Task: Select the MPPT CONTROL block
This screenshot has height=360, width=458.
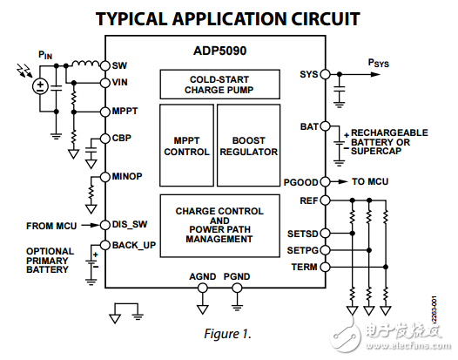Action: pos(186,145)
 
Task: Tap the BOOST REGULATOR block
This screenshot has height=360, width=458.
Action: pos(255,145)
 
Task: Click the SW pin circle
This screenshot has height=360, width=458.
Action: pos(104,65)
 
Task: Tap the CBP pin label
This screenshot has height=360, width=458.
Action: pos(122,138)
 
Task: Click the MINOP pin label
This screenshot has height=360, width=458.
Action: pos(127,177)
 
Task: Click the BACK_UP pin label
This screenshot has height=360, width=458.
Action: pos(134,245)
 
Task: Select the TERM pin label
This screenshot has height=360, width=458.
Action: pos(305,266)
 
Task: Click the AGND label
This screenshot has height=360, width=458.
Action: pos(203,277)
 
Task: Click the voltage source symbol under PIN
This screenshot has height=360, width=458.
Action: pos(39,85)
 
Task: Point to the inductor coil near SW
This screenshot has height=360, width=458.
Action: pos(84,64)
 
